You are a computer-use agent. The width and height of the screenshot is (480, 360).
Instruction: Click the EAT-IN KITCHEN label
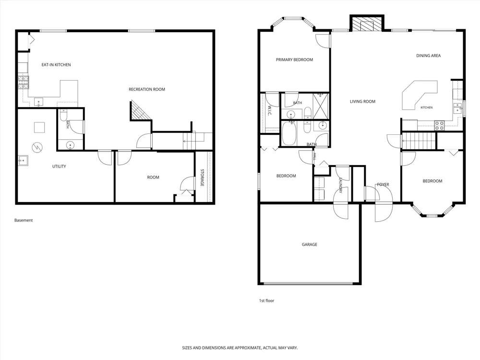click(56, 65)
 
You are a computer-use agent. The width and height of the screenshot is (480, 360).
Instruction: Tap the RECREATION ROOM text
click(146, 89)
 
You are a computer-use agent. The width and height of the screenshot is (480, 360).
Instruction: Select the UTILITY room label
click(59, 166)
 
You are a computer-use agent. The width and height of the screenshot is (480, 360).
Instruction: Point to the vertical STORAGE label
click(202, 178)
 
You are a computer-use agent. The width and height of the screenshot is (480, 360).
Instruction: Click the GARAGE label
click(310, 244)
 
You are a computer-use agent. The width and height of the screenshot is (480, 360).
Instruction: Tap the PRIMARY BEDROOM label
click(295, 60)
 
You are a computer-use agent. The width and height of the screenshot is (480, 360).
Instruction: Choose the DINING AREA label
click(428, 55)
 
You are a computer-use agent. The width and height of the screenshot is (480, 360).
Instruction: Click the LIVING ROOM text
click(362, 101)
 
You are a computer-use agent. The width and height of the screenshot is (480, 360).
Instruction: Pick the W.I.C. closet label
click(270, 111)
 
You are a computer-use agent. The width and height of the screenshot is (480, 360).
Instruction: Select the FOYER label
click(383, 184)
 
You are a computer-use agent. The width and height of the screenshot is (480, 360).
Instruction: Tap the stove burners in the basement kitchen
click(24, 82)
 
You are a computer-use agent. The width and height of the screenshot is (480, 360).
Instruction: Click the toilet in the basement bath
click(63, 115)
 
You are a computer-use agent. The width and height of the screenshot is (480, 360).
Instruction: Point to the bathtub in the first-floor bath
click(288, 133)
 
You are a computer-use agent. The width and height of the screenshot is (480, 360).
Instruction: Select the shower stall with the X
click(321, 106)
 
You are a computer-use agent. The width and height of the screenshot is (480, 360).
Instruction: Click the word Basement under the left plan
click(24, 220)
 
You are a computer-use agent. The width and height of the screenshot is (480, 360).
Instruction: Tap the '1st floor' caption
click(266, 300)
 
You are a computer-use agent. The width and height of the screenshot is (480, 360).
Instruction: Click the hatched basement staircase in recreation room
click(141, 110)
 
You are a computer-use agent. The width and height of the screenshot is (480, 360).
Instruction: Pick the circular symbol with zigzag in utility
click(37, 147)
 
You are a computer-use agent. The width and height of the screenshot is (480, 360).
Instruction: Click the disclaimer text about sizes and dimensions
click(240, 348)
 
